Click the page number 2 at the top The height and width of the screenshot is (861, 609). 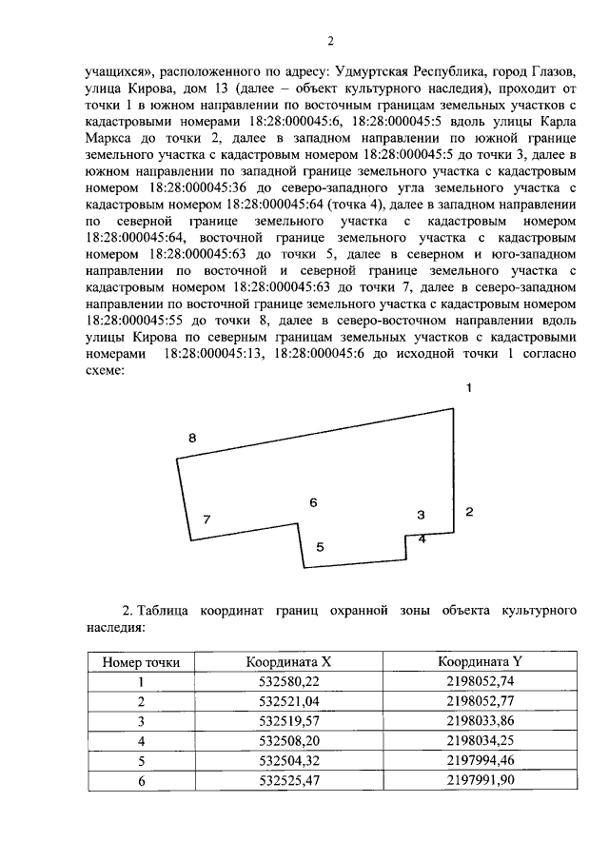tap(330, 40)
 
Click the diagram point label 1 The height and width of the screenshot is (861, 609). tap(468, 388)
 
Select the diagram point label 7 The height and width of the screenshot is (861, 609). tap(206, 519)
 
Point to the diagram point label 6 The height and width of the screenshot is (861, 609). tap(313, 501)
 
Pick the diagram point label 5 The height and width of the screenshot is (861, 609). tap(321, 547)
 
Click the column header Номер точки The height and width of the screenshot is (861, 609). tap(141, 661)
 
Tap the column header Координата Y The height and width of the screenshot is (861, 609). tap(480, 661)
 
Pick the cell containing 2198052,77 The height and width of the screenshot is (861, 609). tap(480, 701)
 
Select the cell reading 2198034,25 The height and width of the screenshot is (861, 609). tap(480, 741)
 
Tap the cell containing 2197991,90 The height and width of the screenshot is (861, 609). tap(480, 781)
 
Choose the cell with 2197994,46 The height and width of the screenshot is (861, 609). tap(480, 761)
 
